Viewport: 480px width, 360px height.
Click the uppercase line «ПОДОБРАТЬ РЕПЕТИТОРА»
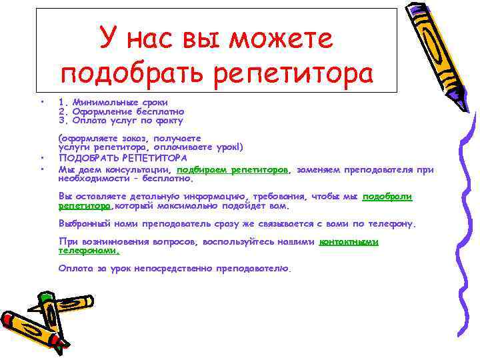pyautogui.click(x=123, y=159)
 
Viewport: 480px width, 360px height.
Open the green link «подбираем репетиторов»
pyautogui.click(x=233, y=170)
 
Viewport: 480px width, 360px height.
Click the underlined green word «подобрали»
pyautogui.click(x=387, y=197)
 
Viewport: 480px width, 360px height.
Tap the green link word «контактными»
pyautogui.click(x=349, y=242)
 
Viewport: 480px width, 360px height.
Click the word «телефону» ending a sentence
pyautogui.click(x=390, y=223)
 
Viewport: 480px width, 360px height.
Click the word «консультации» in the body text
pyautogui.click(x=140, y=170)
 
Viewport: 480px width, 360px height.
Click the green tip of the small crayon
pyautogui.click(x=43, y=294)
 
